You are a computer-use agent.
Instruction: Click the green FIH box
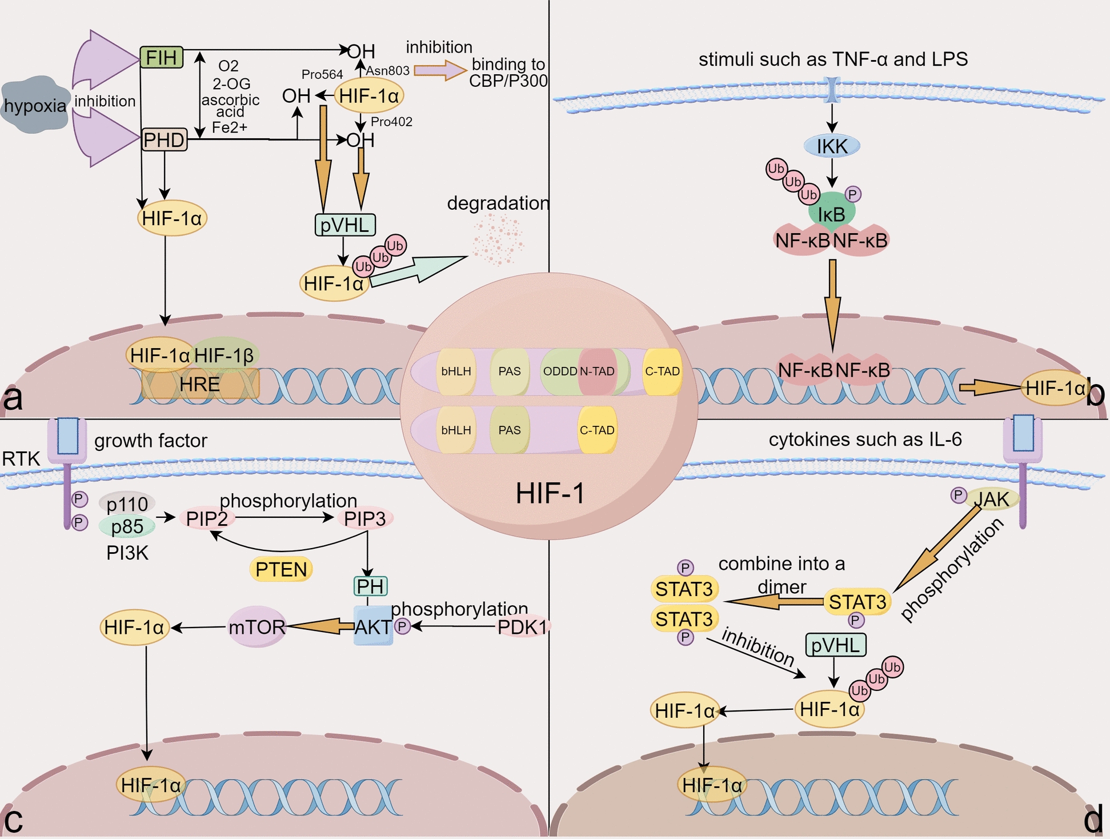(162, 57)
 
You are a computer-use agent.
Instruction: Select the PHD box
(164, 139)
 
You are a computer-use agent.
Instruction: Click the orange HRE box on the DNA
(200, 384)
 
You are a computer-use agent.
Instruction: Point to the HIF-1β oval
(225, 355)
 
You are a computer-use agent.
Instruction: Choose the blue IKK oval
(832, 146)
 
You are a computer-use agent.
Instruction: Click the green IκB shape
(832, 213)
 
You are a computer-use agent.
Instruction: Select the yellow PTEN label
(281, 569)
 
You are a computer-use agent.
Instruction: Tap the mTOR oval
(257, 627)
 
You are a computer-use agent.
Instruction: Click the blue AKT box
(372, 627)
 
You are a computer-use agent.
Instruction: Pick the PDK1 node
(522, 627)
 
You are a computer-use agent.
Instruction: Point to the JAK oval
(992, 499)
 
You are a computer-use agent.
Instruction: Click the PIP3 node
(364, 518)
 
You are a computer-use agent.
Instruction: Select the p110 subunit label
(127, 504)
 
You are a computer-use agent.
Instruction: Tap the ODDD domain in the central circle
(560, 371)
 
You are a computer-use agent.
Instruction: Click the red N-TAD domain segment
(597, 371)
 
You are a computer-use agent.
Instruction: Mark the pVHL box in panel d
(835, 645)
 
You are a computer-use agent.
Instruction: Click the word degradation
(498, 203)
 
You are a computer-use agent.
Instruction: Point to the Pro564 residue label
(322, 74)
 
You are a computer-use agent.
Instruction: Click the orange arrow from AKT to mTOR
(320, 626)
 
